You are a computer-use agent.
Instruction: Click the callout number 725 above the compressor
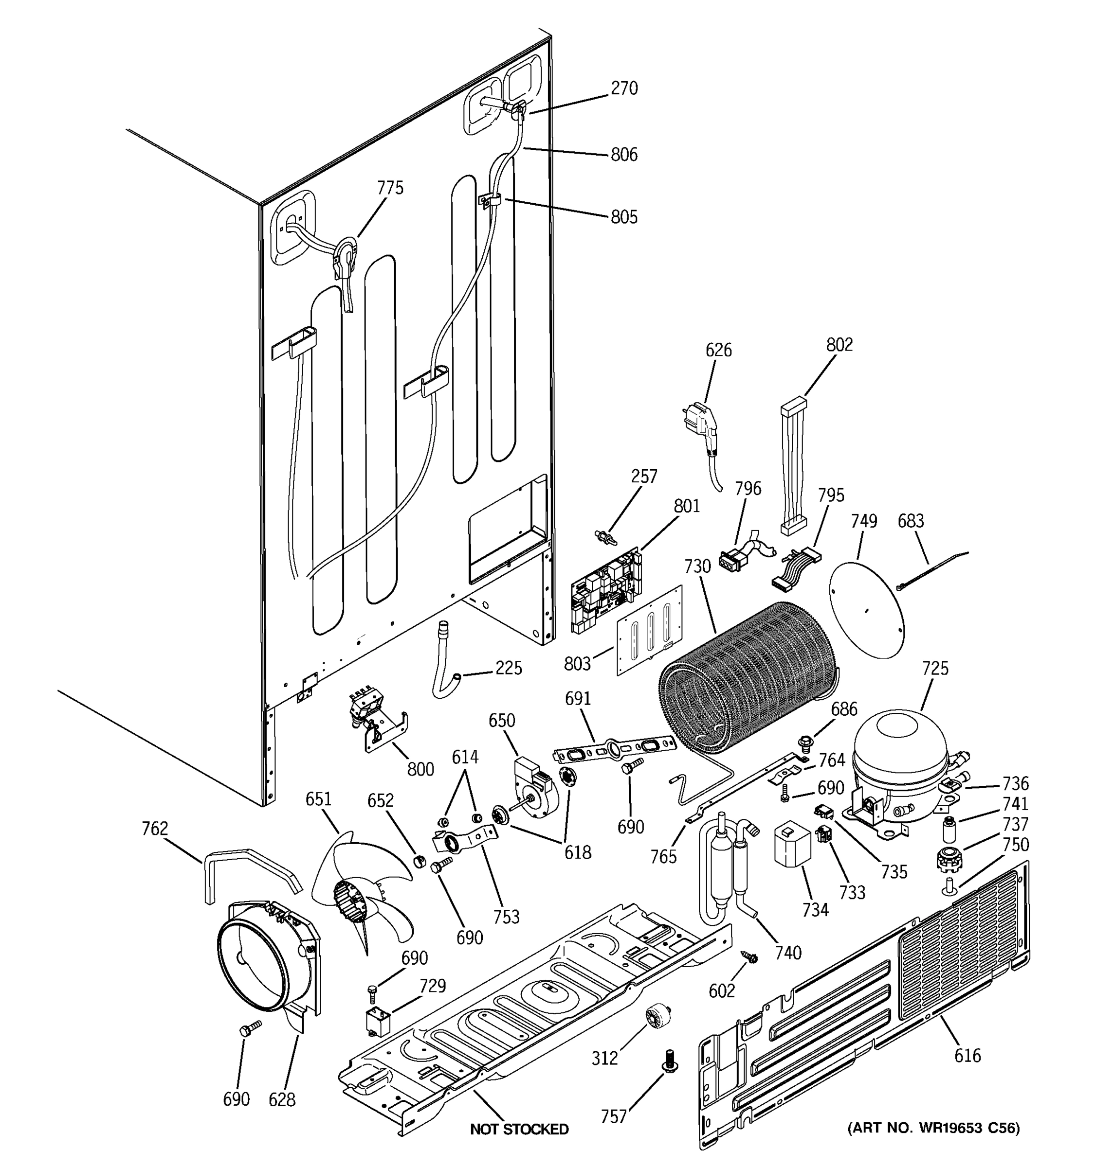pos(934,668)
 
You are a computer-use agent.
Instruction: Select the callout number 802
pos(839,345)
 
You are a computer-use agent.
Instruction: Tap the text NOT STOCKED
pos(519,1129)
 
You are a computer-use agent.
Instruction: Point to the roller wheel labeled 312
pos(657,1016)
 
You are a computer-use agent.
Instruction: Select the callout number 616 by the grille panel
pos(967,1056)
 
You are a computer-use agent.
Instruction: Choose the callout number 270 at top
pos(624,88)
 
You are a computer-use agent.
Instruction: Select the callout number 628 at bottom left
pos(281,1099)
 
